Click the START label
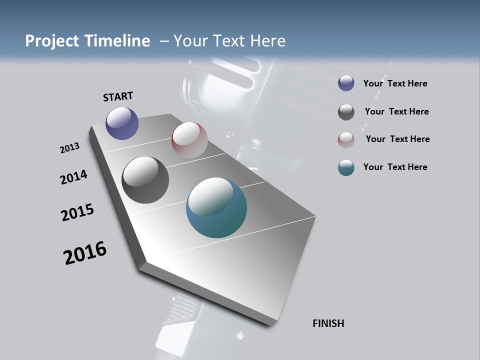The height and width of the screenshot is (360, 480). point(118,96)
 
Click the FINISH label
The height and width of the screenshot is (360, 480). point(328,323)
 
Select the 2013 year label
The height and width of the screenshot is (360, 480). point(69,148)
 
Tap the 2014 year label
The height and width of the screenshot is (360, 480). point(73,177)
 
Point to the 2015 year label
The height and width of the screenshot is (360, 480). point(77,212)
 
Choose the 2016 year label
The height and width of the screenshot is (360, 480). point(85,253)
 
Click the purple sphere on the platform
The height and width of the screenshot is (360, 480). point(122,123)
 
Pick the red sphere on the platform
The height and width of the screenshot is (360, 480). point(189,140)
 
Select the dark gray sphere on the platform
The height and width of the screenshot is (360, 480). point(145,180)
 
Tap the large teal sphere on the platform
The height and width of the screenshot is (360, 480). point(216,207)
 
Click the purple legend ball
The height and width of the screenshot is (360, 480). point(346,83)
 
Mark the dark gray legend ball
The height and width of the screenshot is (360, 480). point(346,111)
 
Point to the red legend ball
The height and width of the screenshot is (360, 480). point(346,140)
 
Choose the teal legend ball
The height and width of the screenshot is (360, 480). point(346,168)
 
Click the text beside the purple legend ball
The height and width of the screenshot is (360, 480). point(395,83)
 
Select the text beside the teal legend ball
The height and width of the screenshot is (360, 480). point(395,167)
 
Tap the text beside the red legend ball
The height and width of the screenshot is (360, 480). point(397,139)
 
